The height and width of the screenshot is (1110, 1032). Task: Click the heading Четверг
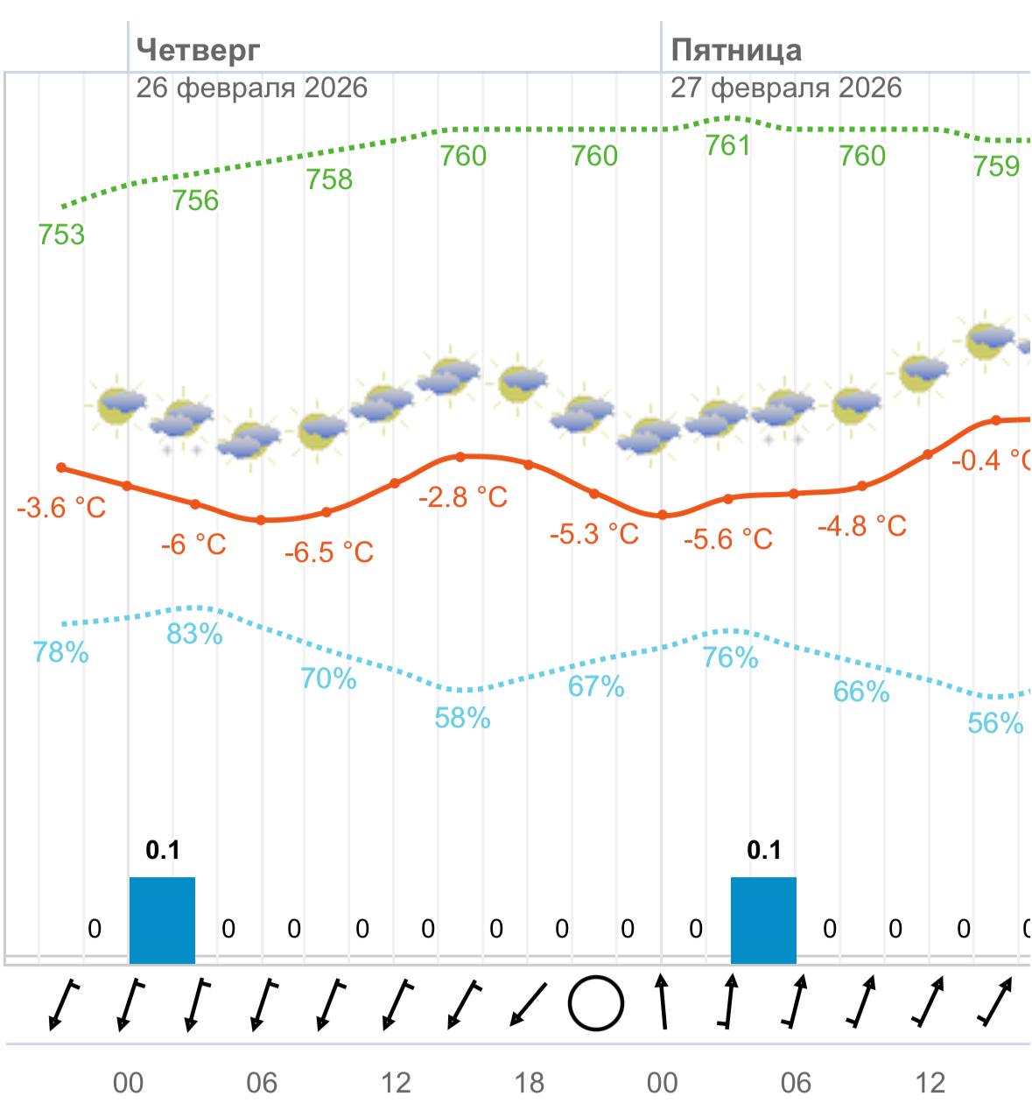click(199, 50)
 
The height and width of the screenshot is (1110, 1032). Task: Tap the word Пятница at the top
click(736, 50)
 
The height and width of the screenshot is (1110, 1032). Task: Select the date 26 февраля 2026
click(252, 88)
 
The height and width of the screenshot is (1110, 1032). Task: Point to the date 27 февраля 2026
click(786, 88)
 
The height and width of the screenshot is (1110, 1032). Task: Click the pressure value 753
click(61, 235)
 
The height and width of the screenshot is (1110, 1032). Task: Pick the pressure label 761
click(728, 145)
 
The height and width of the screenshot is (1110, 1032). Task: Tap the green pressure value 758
click(329, 179)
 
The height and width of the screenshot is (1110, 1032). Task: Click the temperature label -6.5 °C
click(329, 552)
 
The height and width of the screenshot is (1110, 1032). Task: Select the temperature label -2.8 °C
click(463, 497)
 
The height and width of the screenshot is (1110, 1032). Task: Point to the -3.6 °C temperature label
click(61, 508)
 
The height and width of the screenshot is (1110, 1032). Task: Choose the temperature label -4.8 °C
click(862, 526)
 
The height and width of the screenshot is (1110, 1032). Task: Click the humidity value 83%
click(194, 634)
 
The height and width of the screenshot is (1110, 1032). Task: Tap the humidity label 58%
click(462, 719)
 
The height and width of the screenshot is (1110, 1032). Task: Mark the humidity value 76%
click(730, 657)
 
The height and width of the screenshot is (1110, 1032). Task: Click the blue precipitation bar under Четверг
click(162, 919)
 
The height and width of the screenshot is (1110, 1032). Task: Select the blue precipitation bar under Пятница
click(763, 919)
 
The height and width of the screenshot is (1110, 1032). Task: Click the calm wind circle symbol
click(596, 1003)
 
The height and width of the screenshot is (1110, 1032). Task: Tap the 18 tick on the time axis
click(529, 1084)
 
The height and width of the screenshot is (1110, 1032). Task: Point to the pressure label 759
click(997, 166)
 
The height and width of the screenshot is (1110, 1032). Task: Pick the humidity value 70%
click(328, 678)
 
